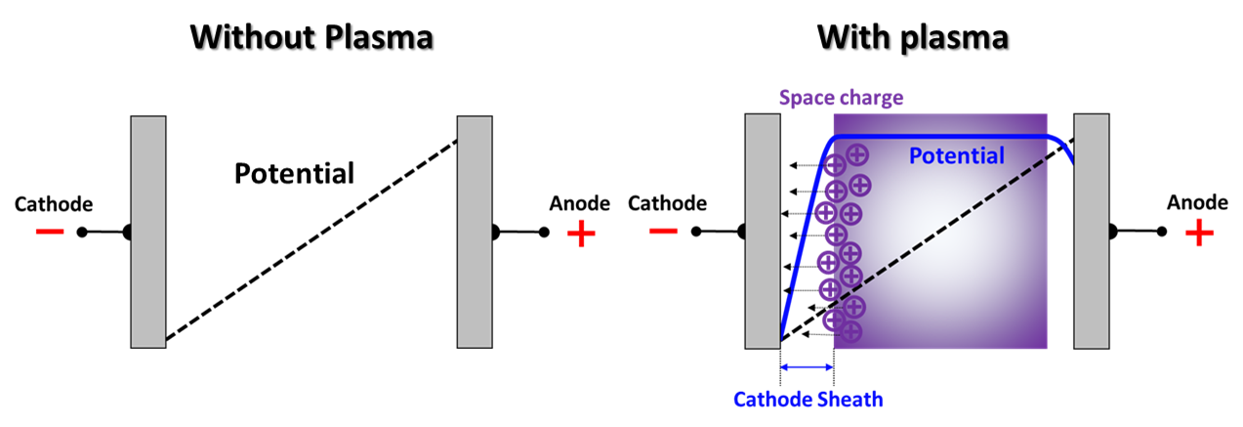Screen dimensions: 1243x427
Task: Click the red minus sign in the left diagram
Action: pyautogui.click(x=50, y=232)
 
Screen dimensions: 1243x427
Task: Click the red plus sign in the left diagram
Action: pyautogui.click(x=581, y=234)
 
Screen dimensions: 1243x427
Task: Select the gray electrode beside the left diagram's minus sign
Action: pyautogui.click(x=148, y=232)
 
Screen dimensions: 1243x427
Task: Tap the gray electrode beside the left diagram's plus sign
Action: pyautogui.click(x=475, y=232)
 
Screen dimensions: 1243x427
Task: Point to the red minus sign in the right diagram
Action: pyautogui.click(x=663, y=232)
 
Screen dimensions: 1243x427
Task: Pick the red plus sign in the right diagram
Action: pyautogui.click(x=1199, y=233)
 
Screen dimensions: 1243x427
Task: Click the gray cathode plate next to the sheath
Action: pyautogui.click(x=763, y=232)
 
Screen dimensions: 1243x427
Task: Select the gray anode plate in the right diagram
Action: pyautogui.click(x=1091, y=232)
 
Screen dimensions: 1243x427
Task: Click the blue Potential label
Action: pyautogui.click(x=956, y=156)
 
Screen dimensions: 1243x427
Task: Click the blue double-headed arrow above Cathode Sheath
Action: pyautogui.click(x=807, y=367)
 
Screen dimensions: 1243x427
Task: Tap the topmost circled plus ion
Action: pyautogui.click(x=856, y=153)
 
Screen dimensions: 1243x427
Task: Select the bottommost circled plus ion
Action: pyautogui.click(x=850, y=331)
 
